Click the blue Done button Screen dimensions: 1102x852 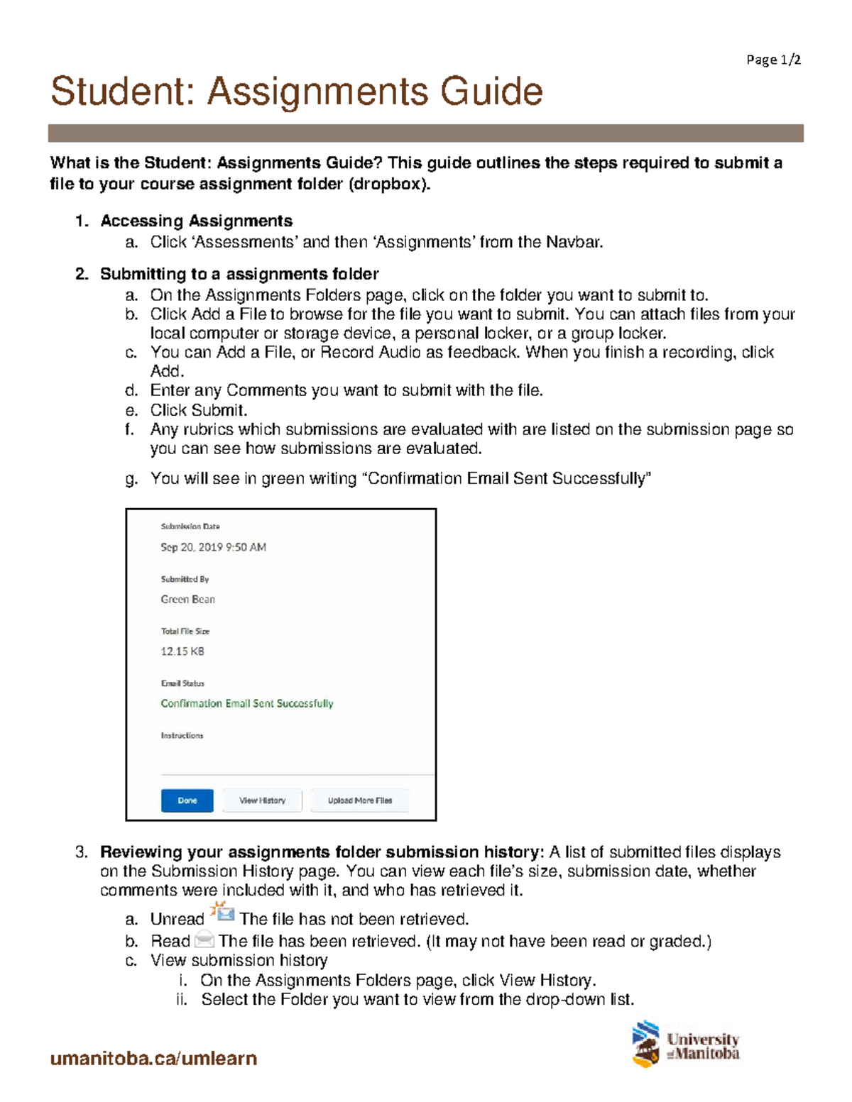click(x=187, y=800)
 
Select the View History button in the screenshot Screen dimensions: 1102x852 click(x=262, y=800)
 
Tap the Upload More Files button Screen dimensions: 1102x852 click(x=359, y=800)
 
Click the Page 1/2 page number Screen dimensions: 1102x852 click(x=773, y=60)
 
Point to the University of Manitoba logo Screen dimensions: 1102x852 click(x=685, y=1045)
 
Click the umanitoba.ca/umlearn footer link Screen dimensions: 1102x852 click(x=153, y=1058)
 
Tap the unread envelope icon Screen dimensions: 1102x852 click(x=222, y=913)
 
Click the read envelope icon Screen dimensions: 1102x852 click(x=204, y=940)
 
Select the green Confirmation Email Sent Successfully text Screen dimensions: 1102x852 click(x=246, y=703)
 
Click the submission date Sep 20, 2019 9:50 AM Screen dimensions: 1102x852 click(x=213, y=547)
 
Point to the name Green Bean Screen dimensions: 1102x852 click(x=187, y=599)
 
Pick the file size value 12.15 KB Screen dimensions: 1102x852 click(x=182, y=651)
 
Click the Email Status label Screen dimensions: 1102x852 click(x=182, y=683)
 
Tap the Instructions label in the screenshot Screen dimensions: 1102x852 click(x=182, y=735)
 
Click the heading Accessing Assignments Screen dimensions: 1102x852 click(x=196, y=221)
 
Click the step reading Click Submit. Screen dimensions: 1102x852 click(x=198, y=410)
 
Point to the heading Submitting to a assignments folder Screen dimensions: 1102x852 click(x=239, y=274)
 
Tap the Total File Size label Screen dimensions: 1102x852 click(x=185, y=631)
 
